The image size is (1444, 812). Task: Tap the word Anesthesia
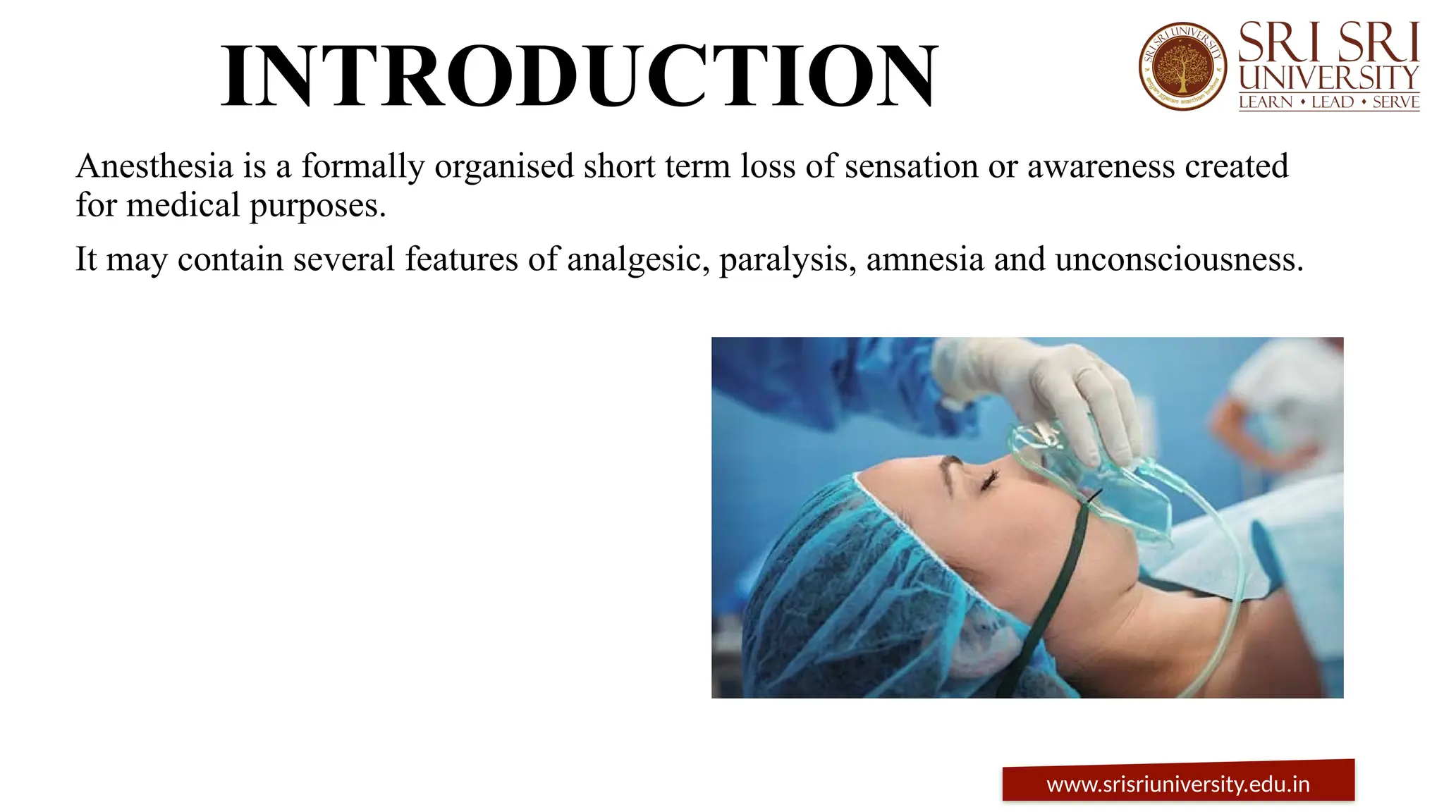154,167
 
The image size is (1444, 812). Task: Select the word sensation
910,167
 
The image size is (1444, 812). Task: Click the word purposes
317,207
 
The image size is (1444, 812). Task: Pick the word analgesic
638,260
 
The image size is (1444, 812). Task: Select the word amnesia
924,259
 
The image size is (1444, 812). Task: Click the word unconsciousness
1179,259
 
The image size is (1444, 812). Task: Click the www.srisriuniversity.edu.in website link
1177,785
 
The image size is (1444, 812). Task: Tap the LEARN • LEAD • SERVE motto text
1329,103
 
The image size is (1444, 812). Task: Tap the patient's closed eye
988,482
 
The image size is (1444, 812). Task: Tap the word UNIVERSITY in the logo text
1329,78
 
